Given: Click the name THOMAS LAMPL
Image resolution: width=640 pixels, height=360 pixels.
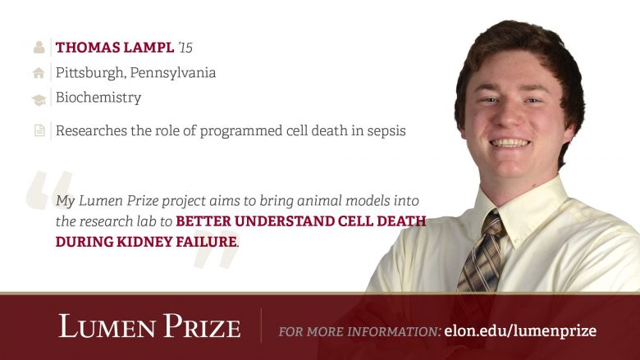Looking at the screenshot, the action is pos(115,48).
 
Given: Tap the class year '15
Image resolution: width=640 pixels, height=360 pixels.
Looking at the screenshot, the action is pos(185,48).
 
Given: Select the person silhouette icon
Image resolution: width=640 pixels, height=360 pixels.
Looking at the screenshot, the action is pos(39,48).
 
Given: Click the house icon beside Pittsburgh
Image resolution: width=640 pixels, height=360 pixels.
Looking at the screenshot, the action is pos(39,73).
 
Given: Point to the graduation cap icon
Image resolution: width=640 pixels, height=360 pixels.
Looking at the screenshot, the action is pos(39,100).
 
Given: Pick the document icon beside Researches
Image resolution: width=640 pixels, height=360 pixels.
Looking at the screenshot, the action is pos(39,131).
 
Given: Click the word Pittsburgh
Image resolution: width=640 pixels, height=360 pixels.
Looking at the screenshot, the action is pos(90,73).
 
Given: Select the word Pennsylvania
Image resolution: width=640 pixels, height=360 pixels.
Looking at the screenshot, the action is pos(173,73).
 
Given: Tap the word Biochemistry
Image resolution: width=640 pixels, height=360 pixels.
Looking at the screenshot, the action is pos(98,98).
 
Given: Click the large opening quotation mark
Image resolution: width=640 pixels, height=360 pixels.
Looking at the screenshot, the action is pos(49,190).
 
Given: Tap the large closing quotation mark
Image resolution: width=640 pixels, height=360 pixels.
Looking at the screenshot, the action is pos(217,255).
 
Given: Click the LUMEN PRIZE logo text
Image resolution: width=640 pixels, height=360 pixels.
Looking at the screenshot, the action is pos(149,326).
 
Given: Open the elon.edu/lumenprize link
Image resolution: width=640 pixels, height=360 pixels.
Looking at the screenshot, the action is pos(520,330).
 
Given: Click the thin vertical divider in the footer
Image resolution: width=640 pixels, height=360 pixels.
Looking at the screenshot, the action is pos(261,326).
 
